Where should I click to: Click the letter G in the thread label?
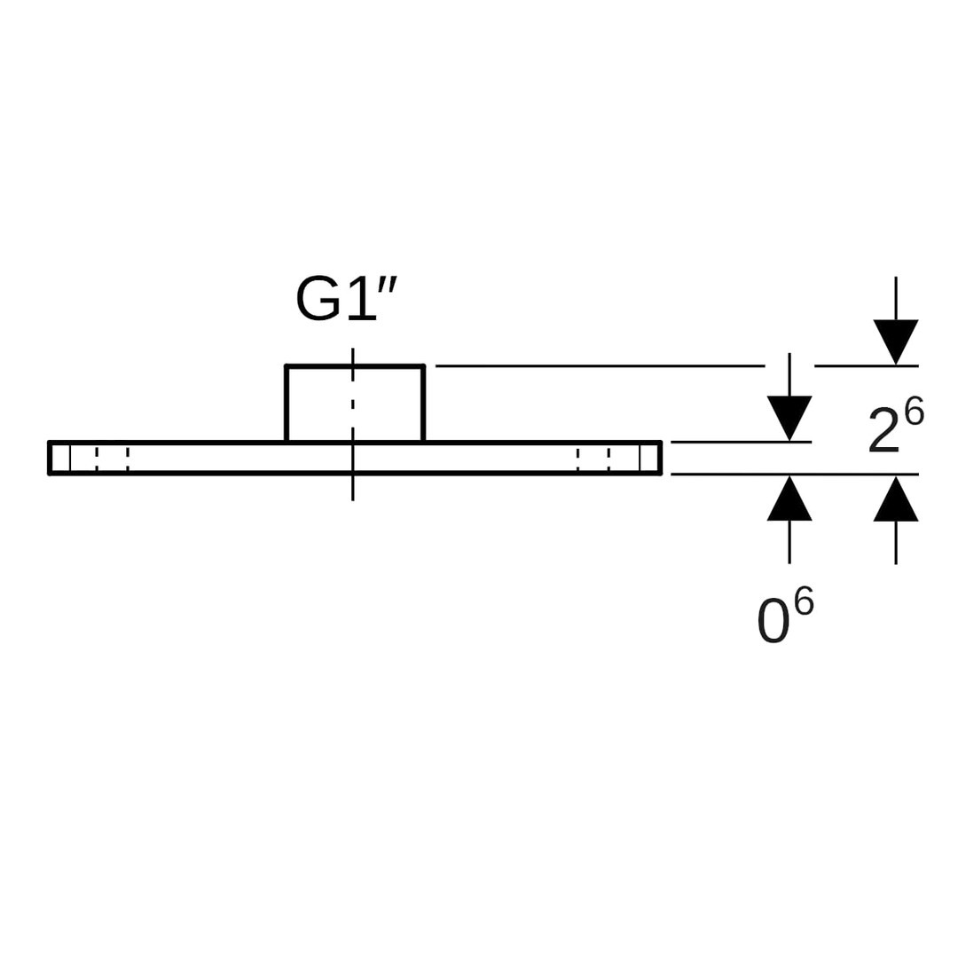pos(318,299)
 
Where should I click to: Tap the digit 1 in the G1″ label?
pos(361,299)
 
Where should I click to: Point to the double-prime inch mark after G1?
pos(387,284)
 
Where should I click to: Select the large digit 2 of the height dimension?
pos(883,430)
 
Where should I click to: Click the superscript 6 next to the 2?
pos(914,412)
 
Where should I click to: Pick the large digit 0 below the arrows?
pos(773,621)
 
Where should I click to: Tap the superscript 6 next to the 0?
pos(804,601)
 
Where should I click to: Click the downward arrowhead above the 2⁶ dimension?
pos(895,341)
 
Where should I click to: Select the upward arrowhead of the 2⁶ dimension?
pos(895,499)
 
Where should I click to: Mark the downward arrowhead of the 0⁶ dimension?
pos(789,417)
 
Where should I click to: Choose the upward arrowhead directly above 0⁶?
pos(789,499)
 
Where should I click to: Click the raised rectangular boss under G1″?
pos(354,404)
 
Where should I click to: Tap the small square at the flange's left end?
pos(60,458)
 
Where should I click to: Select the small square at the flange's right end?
pos(648,458)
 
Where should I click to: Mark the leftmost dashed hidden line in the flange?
pos(97,458)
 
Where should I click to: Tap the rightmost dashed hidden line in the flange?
pos(609,458)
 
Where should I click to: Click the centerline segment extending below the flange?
pos(352,488)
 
